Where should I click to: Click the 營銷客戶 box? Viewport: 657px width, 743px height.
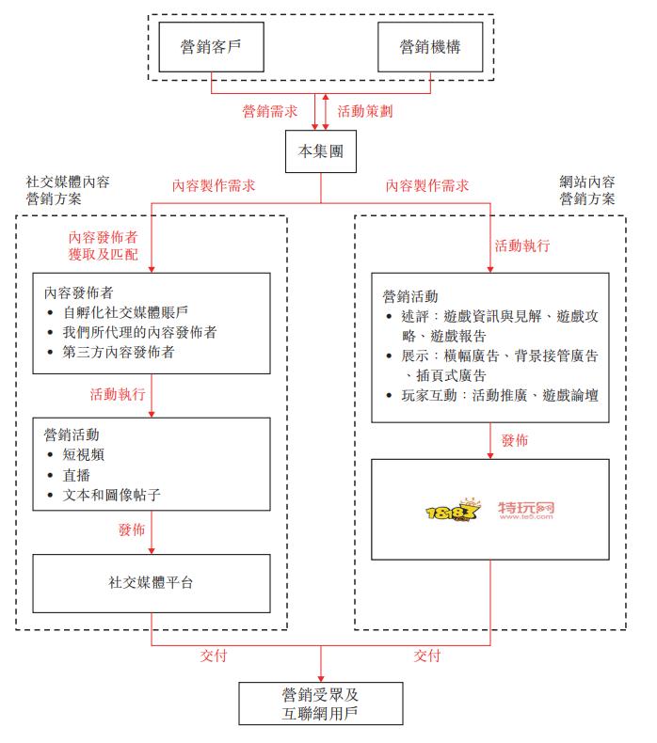(x=210, y=46)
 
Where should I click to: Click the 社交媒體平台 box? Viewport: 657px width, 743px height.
(x=152, y=583)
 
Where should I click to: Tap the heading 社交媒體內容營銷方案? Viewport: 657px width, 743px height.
(x=68, y=190)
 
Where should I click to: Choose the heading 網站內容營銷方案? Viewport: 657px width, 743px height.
(x=587, y=190)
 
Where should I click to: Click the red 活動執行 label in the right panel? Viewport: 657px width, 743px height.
(x=522, y=246)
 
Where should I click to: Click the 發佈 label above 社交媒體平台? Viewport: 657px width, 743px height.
(x=132, y=530)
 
